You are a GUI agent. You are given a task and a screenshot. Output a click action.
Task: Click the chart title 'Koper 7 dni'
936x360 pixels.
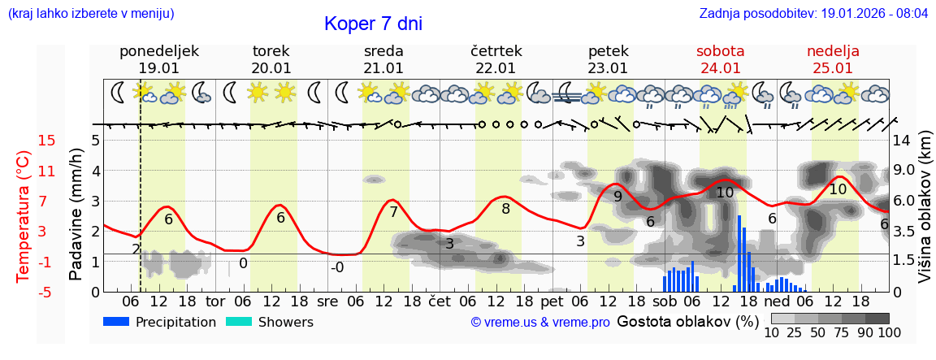click(x=373, y=24)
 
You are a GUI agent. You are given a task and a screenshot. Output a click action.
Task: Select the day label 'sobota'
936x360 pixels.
click(x=720, y=51)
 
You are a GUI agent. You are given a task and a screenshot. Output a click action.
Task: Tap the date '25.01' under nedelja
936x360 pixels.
click(x=833, y=68)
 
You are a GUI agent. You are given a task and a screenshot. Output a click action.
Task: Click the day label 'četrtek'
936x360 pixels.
click(x=496, y=51)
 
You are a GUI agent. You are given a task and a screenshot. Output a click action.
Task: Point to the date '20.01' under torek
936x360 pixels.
click(x=271, y=68)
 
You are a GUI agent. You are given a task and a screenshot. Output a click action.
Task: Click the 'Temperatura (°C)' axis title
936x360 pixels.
click(x=24, y=216)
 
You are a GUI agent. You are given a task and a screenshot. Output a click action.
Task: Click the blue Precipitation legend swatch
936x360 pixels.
click(x=117, y=322)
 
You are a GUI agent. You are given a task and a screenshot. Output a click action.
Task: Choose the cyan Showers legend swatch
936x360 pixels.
click(x=239, y=322)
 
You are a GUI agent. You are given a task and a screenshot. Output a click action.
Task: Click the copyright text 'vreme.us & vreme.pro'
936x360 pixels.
click(x=540, y=323)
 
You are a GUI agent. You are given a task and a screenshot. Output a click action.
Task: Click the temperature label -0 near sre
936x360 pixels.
click(x=337, y=267)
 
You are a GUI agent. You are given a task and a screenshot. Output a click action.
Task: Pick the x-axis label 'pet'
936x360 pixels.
click(x=552, y=301)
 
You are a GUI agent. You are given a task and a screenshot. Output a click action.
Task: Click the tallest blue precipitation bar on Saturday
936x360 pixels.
click(x=739, y=253)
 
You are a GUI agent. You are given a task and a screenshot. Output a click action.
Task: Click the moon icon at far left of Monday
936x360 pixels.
click(x=119, y=93)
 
